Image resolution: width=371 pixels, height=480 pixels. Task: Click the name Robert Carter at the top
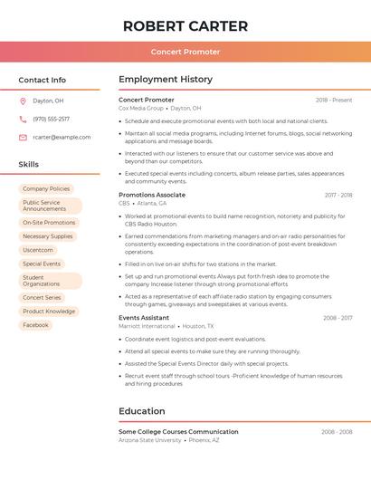pyautogui.click(x=185, y=25)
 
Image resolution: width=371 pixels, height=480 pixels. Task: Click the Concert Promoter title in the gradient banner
pyautogui.click(x=185, y=52)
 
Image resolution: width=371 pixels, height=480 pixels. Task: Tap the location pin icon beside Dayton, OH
pyautogui.click(x=23, y=101)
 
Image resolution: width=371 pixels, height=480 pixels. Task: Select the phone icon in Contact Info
pyautogui.click(x=23, y=119)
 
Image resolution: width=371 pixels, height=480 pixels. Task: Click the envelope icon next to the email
pyautogui.click(x=23, y=137)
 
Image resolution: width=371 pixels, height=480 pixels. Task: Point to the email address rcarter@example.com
pyautogui.click(x=62, y=137)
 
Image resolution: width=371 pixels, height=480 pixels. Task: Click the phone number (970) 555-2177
pyautogui.click(x=51, y=119)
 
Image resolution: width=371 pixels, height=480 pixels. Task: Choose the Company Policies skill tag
pyautogui.click(x=46, y=188)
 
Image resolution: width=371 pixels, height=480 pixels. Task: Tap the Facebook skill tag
pyautogui.click(x=36, y=325)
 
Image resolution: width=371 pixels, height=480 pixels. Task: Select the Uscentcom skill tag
pyautogui.click(x=38, y=250)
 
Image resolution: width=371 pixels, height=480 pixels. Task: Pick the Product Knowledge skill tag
pyautogui.click(x=49, y=312)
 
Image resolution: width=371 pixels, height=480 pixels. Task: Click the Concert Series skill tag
pyautogui.click(x=42, y=298)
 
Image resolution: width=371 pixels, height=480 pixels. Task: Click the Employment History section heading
pyautogui.click(x=165, y=80)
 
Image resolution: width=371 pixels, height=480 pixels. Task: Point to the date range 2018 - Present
pyautogui.click(x=334, y=100)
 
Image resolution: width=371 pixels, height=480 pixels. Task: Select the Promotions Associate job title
pyautogui.click(x=152, y=195)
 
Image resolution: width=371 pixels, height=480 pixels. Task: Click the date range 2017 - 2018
pyautogui.click(x=338, y=195)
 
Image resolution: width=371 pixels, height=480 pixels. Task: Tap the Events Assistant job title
pyautogui.click(x=144, y=318)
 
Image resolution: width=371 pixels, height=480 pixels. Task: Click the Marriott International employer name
pyautogui.click(x=147, y=326)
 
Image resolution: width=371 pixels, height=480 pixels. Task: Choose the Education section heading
pyautogui.click(x=141, y=411)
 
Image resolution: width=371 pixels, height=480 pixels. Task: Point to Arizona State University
pyautogui.click(x=150, y=440)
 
